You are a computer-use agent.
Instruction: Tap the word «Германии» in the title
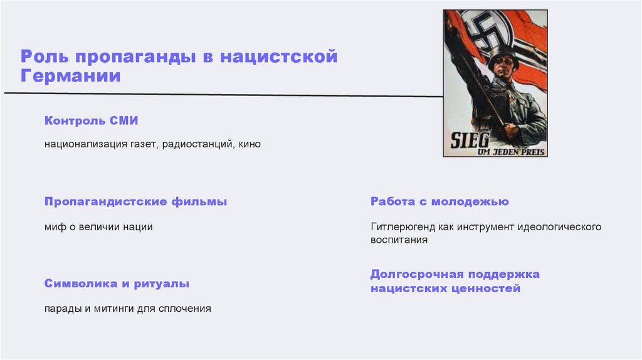tap(70, 77)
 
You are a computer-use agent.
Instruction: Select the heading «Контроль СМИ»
tap(91, 121)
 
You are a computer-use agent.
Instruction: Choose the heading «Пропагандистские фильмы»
tap(135, 202)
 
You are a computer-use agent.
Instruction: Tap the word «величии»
tap(97, 227)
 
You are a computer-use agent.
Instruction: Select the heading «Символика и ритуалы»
tap(117, 283)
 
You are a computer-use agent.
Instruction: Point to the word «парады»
tap(61, 309)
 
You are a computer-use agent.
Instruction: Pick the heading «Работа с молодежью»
tap(439, 202)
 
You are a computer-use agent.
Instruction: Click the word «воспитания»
tap(399, 240)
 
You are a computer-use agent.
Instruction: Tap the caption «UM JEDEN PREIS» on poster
tap(518, 151)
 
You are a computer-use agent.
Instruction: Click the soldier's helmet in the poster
tap(503, 53)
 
